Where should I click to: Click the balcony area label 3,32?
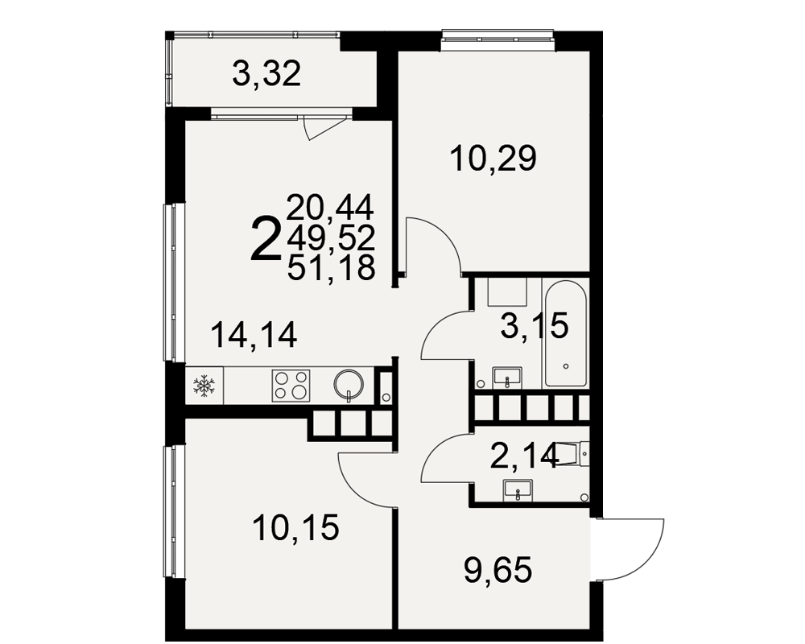[266, 75]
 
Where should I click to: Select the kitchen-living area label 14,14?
[254, 335]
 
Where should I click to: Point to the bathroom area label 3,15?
[535, 325]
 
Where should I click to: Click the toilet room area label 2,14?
[524, 456]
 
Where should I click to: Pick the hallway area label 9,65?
[497, 570]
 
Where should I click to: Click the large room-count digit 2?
[266, 239]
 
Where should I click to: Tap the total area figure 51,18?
[331, 268]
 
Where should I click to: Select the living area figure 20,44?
[331, 208]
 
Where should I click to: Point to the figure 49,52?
[331, 237]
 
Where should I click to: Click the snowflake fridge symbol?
[204, 386]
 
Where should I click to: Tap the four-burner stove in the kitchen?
[291, 386]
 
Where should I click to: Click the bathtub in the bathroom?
[565, 334]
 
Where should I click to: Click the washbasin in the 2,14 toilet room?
[518, 490]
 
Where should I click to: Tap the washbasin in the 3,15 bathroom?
[507, 378]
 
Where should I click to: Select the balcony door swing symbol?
[324, 127]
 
